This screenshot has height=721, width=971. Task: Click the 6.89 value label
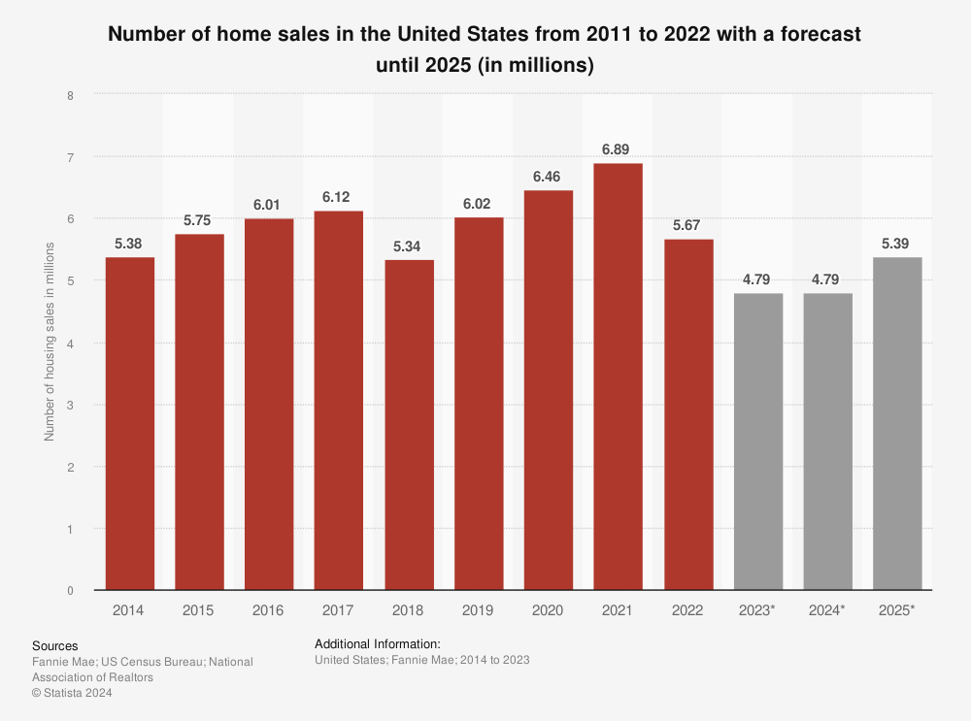(618, 149)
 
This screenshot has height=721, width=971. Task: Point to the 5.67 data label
(687, 225)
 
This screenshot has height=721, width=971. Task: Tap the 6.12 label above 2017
(339, 197)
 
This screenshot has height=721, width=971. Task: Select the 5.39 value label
(897, 243)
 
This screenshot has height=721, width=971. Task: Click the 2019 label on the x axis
(479, 610)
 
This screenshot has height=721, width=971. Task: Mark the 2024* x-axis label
(827, 610)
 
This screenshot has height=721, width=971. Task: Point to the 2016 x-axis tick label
(269, 610)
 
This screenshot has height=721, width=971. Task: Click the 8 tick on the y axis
(70, 95)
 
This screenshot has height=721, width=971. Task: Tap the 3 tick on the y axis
(70, 405)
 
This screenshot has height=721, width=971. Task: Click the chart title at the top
(485, 49)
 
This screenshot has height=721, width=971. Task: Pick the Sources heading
(55, 646)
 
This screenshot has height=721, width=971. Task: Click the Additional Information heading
(378, 643)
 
